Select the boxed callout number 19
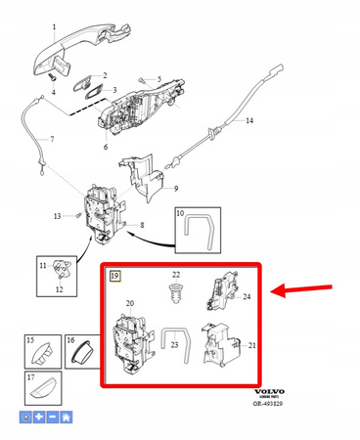115,276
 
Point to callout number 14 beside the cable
247,121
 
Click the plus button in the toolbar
38,416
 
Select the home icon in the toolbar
65,416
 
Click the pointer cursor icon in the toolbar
25,416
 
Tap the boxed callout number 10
179,212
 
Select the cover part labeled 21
219,344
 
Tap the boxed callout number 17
30,377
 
